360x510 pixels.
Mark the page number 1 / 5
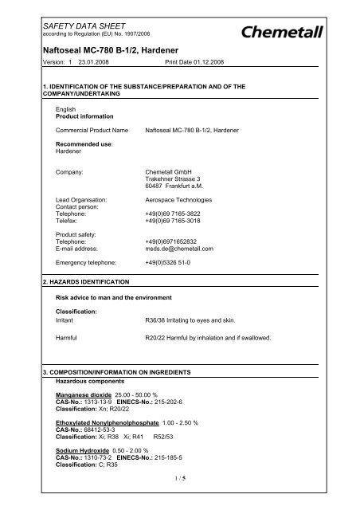click(179, 498)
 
